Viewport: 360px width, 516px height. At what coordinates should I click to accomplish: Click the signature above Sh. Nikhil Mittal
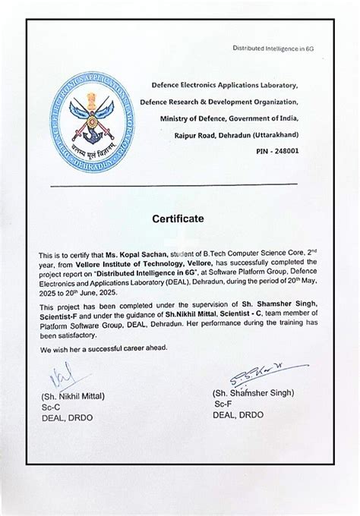coord(56,377)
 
